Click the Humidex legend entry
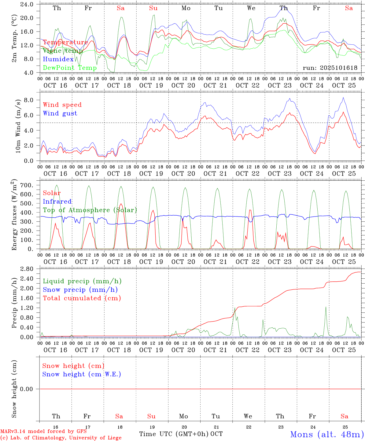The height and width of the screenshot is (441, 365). pyautogui.click(x=58, y=59)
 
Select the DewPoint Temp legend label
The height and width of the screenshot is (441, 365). pyautogui.click(x=70, y=68)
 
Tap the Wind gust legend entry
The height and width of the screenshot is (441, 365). pyautogui.click(x=60, y=113)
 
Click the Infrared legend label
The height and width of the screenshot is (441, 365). pyautogui.click(x=57, y=202)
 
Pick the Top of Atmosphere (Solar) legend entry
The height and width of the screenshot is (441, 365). pyautogui.click(x=90, y=210)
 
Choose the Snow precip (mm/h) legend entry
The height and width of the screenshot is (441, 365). pyautogui.click(x=80, y=290)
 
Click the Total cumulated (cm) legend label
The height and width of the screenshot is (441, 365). pyautogui.click(x=82, y=298)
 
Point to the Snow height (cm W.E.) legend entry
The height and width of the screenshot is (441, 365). pyautogui.click(x=81, y=374)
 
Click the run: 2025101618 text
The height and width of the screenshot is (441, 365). pyautogui.click(x=330, y=68)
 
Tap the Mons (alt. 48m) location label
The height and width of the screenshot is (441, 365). pyautogui.click(x=327, y=434)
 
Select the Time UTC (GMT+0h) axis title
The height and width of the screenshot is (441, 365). pyautogui.click(x=174, y=434)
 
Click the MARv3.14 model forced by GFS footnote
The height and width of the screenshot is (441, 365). pyautogui.click(x=43, y=432)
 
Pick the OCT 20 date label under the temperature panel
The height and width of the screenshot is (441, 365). pyautogui.click(x=183, y=85)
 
